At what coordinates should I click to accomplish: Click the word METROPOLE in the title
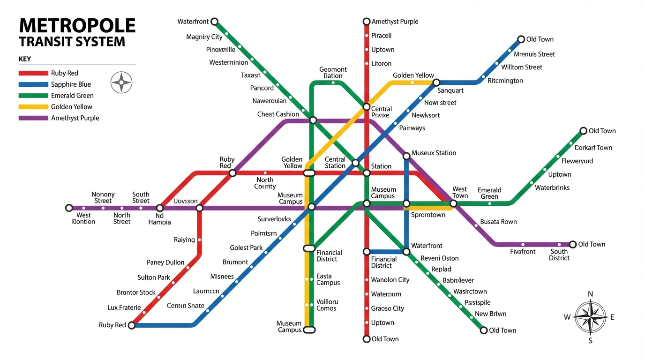coord(77,25)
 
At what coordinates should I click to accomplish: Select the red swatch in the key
coord(33,73)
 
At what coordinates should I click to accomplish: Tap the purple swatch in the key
coord(33,118)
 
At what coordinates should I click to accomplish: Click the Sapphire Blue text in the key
coord(71,84)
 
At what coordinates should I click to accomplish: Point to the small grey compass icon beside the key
coord(121,82)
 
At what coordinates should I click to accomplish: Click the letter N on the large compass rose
coord(590,294)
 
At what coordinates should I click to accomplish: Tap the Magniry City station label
coord(204,37)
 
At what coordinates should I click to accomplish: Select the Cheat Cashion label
coord(278,114)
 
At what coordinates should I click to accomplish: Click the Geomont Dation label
coord(333,73)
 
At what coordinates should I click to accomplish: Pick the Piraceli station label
coord(381,36)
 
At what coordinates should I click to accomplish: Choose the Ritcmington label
coord(505,81)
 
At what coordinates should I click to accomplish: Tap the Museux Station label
coord(434,153)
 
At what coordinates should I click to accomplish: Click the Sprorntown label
coord(428,215)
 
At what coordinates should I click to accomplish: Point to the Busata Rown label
coord(498,222)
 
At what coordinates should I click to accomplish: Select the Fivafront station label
coord(523,252)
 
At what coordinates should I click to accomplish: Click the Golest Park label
coord(246,248)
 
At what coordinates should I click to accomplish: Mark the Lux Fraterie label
coord(124,308)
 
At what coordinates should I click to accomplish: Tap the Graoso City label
coord(387,308)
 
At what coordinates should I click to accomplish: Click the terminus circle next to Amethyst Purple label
coord(367,22)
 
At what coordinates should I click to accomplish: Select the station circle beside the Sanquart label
coord(436,82)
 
